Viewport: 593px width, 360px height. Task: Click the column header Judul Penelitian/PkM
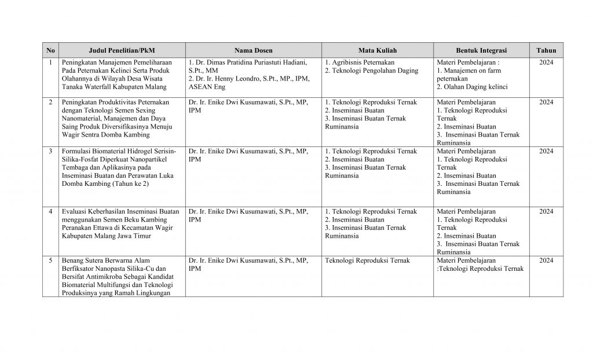pos(122,50)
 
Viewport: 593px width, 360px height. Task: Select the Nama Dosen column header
pos(254,50)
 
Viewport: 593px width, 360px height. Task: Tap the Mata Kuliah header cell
pos(378,50)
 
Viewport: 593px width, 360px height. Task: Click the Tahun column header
pos(546,50)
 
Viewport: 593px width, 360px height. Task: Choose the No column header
pos(51,50)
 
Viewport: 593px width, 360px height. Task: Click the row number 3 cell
pos(51,152)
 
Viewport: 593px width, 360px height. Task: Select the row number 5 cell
pos(51,260)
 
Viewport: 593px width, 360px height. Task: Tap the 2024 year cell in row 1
pos(546,62)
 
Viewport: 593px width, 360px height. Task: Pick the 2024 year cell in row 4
pos(546,212)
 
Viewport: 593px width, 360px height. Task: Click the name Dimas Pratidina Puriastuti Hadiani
pos(255,62)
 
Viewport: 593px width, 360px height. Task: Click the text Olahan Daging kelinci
pos(475,87)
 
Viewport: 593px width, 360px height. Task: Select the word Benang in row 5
pos(74,260)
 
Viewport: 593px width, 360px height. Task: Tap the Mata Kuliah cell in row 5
pos(367,260)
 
